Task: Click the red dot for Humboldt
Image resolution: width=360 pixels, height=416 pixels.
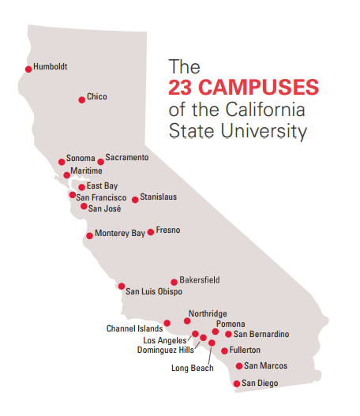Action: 28,69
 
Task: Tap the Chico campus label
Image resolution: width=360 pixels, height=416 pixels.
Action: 96,96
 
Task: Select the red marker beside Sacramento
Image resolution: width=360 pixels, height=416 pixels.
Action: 100,162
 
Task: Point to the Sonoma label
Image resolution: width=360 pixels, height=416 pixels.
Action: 80,158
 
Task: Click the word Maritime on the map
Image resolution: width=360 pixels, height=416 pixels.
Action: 86,171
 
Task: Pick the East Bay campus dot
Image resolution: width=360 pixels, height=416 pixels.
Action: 81,187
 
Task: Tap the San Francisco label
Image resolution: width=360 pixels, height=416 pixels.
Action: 101,197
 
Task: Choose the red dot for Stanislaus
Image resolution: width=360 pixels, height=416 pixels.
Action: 135,200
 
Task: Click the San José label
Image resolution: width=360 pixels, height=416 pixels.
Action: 104,208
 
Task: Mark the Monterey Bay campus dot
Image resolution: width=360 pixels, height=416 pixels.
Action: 89,235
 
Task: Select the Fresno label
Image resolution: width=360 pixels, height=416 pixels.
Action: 168,230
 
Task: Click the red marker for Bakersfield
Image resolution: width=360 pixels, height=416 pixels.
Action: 174,282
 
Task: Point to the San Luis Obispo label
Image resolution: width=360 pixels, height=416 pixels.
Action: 154,292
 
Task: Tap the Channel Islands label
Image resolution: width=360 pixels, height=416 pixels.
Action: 134,328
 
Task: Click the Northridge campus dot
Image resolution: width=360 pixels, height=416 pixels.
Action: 187,320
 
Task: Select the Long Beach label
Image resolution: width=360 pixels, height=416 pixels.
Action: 192,367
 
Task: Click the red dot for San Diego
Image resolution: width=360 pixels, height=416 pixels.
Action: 236,384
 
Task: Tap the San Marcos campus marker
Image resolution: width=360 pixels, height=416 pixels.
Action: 239,366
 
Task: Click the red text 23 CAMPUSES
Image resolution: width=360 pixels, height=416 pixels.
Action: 242,86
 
